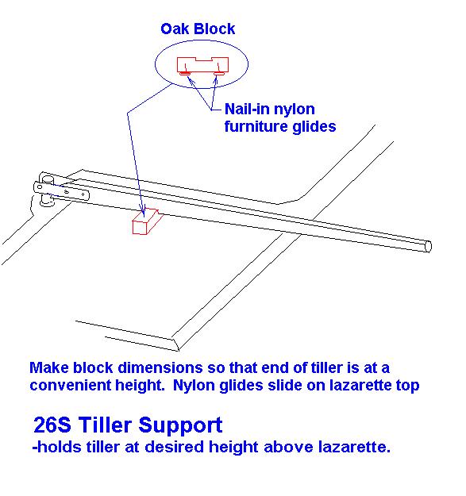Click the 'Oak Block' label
[198, 29]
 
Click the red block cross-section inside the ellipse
[202, 64]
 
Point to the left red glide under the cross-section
[184, 73]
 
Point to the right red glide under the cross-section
[219, 73]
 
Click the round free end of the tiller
[428, 247]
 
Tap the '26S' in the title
[52, 425]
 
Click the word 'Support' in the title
[180, 426]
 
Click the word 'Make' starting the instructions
[48, 368]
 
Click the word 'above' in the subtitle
[288, 447]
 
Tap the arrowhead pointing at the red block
[144, 212]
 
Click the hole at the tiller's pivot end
[40, 187]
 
